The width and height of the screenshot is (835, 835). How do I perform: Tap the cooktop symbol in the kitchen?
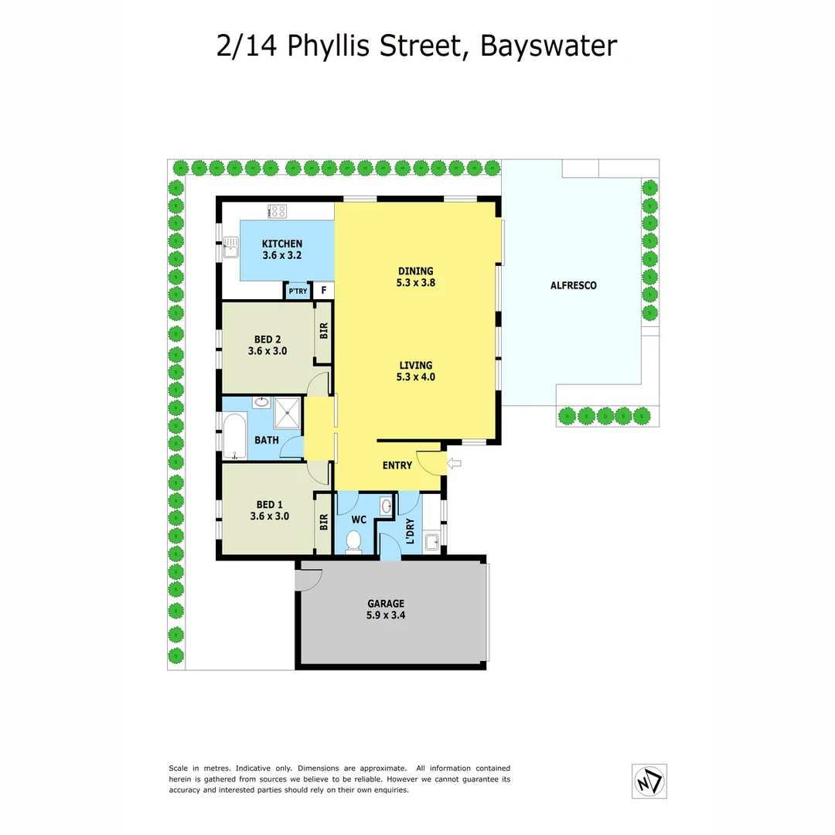tap(278, 210)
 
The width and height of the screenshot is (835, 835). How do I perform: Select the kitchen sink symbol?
tap(230, 247)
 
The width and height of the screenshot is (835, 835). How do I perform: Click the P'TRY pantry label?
tap(298, 291)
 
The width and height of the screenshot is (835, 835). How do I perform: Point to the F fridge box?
tap(323, 291)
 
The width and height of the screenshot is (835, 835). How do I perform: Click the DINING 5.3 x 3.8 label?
tap(416, 277)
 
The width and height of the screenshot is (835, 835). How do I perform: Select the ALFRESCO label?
tap(573, 285)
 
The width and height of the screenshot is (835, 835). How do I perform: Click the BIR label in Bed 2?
tap(324, 330)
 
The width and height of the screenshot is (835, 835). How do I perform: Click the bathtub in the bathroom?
tap(234, 438)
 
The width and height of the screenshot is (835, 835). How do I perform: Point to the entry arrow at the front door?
tap(455, 464)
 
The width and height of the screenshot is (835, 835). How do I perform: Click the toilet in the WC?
tap(355, 540)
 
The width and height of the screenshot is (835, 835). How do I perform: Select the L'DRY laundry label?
tap(410, 533)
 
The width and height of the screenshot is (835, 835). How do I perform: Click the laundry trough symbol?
tap(431, 540)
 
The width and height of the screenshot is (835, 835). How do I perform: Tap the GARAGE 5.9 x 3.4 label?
tap(386, 610)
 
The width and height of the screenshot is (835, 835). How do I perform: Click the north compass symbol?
tap(649, 781)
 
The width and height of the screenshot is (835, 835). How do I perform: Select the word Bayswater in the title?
tap(549, 46)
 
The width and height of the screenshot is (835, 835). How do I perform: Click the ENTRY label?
tap(397, 465)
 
